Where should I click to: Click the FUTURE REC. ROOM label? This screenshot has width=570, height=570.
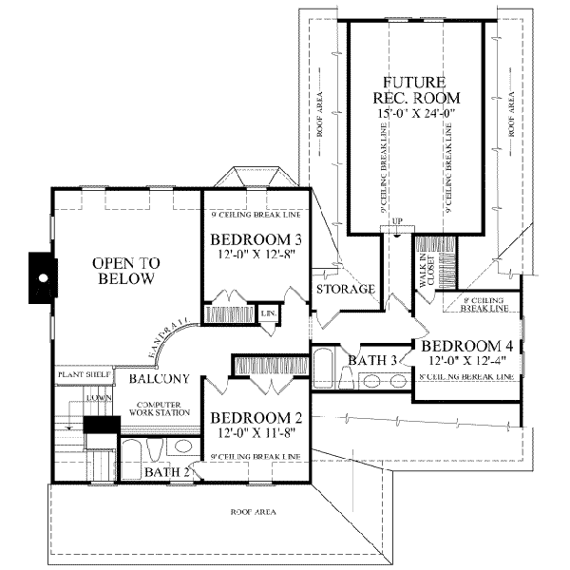tap(421, 89)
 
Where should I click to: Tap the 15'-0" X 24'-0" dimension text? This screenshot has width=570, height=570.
tap(420, 113)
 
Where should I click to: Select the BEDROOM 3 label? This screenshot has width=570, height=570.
tap(243, 238)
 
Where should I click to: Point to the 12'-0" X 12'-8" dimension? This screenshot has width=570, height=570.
tap(243, 254)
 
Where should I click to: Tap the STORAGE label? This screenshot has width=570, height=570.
tap(345, 289)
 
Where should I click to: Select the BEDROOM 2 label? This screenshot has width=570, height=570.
tap(243, 418)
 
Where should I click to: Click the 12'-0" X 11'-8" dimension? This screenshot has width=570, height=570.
tap(243, 434)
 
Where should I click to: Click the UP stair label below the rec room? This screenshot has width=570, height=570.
tap(398, 221)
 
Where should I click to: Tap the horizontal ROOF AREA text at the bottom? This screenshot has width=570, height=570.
tap(253, 512)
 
